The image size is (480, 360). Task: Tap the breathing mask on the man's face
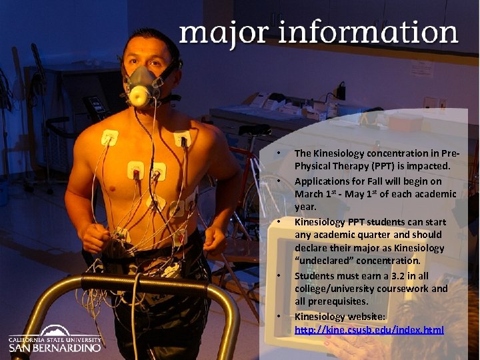click(144, 87)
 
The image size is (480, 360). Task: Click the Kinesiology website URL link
click(369, 330)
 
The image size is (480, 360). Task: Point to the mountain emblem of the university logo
click(55, 330)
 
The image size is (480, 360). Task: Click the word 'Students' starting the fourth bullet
click(315, 276)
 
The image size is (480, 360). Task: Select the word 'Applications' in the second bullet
click(323, 181)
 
